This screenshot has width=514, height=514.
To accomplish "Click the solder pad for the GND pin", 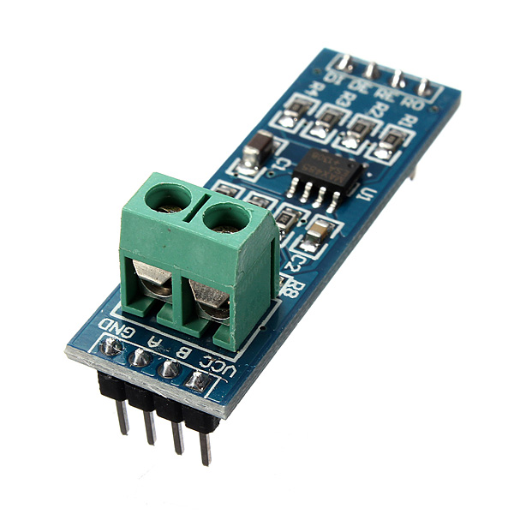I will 111,346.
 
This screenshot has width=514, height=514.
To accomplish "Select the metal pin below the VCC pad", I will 206,445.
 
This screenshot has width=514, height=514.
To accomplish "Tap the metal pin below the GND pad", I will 123,415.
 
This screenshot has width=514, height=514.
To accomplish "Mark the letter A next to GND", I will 154,340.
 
